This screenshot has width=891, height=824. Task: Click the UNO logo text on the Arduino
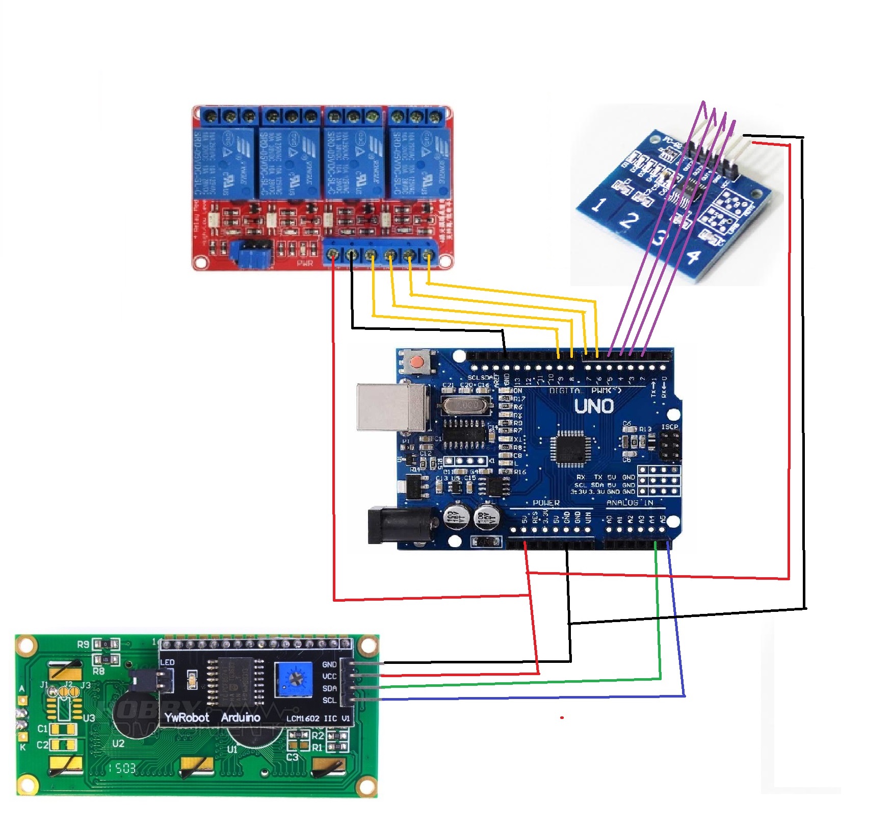pos(594,406)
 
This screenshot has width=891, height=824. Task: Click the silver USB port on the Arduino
pos(391,407)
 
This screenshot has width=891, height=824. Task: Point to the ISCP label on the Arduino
pos(670,427)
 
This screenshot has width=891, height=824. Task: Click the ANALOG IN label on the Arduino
pos(630,503)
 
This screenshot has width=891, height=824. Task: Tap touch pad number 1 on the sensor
pos(599,205)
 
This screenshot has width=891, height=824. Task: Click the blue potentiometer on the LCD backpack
pos(294,679)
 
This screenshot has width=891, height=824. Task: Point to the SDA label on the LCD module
pos(329,688)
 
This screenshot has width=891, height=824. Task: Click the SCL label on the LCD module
pos(329,700)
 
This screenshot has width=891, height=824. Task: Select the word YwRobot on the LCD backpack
pos(187,717)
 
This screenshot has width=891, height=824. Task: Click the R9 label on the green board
pos(83,645)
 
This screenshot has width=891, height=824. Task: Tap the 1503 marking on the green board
pos(123,768)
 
